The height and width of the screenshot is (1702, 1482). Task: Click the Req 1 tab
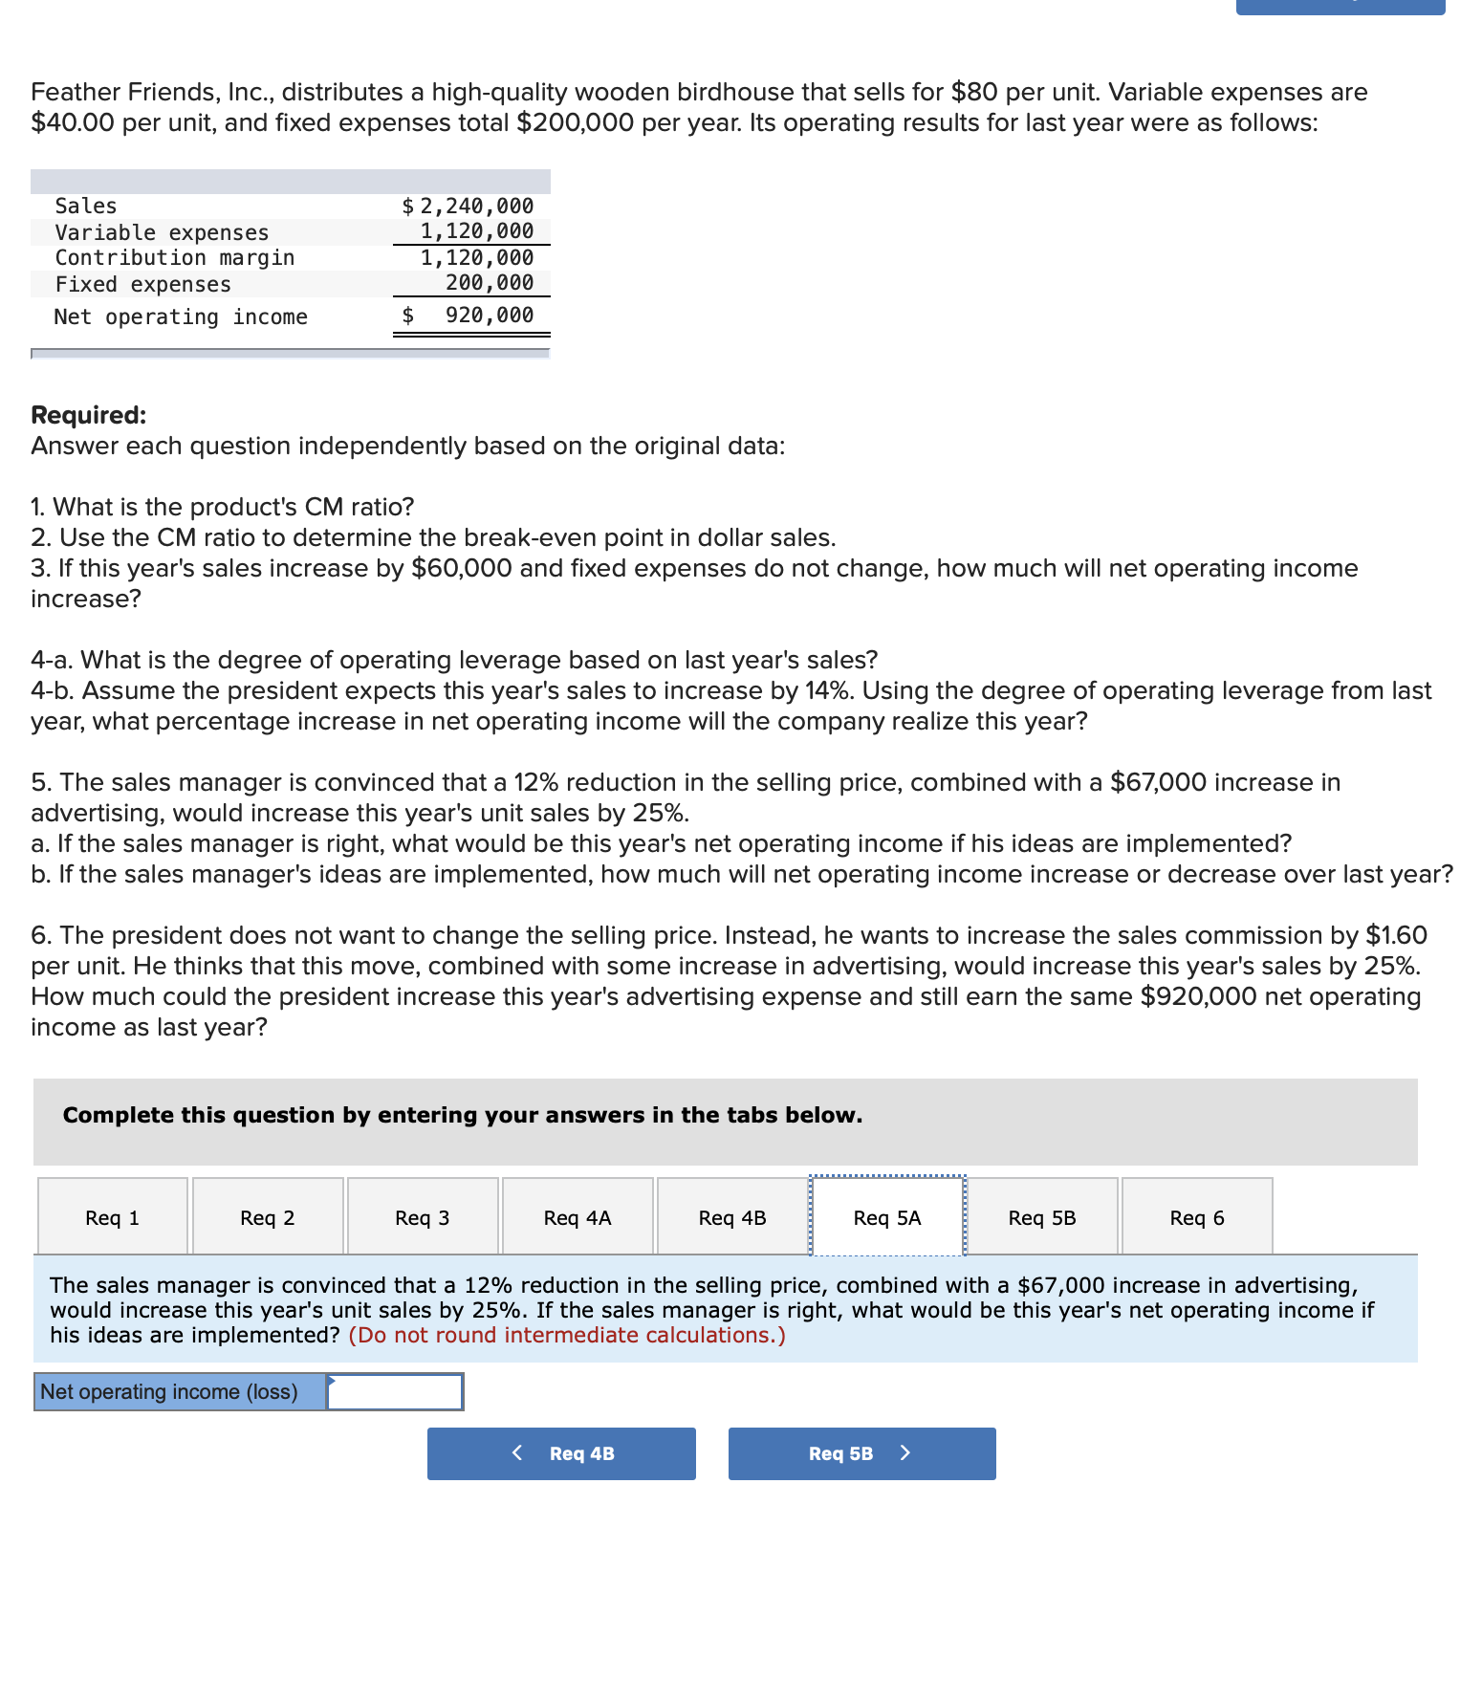tap(113, 1217)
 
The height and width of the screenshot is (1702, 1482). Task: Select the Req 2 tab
tap(268, 1217)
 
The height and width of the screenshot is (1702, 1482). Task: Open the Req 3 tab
tap(423, 1217)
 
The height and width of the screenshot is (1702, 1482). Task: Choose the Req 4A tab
tap(578, 1217)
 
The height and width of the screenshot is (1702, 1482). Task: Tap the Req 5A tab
tap(887, 1217)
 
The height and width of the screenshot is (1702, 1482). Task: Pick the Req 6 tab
tap(1197, 1217)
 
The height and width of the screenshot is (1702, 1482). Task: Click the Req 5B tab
tap(1042, 1217)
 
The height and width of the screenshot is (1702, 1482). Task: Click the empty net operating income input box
tap(396, 1392)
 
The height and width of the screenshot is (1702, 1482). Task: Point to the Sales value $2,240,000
tap(469, 206)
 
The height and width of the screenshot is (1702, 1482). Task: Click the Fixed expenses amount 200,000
tap(490, 282)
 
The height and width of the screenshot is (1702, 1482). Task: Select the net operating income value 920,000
tap(490, 316)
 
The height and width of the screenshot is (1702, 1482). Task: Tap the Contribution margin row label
tap(175, 257)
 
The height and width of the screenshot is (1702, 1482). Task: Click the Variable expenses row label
tap(162, 232)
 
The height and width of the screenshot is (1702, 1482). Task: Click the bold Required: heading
tap(89, 415)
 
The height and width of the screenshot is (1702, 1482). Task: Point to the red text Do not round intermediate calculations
tap(567, 1335)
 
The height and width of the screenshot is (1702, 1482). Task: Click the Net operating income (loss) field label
tap(169, 1392)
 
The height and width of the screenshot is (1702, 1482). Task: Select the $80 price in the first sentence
tap(974, 92)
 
